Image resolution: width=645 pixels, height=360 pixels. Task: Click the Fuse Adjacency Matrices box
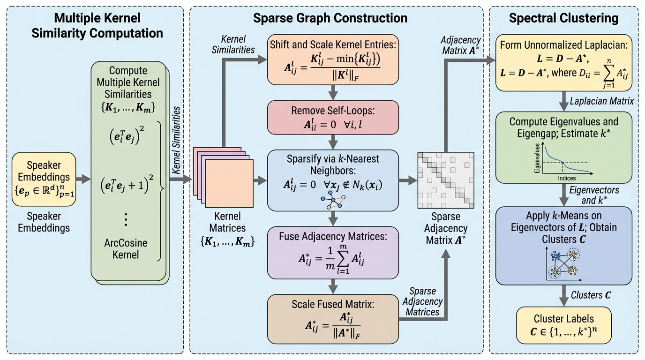pyautogui.click(x=333, y=252)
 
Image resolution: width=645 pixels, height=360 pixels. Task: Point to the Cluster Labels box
pyautogui.click(x=564, y=325)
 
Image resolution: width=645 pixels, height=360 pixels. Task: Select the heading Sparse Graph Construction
pyautogui.click(x=330, y=18)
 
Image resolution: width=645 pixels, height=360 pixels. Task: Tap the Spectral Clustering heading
pyautogui.click(x=564, y=18)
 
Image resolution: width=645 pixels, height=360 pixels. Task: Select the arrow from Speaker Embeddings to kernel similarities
pyautogui.click(x=83, y=179)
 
